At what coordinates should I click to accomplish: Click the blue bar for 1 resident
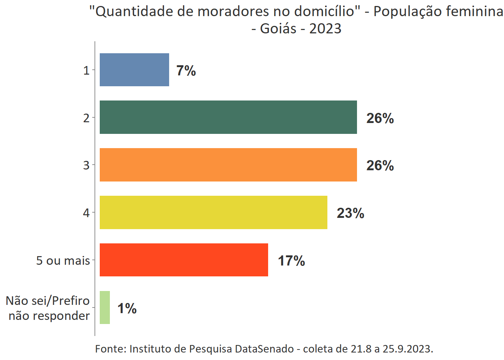point(134,70)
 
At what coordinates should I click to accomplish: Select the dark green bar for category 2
point(228,117)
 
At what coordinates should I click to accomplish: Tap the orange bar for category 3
point(228,165)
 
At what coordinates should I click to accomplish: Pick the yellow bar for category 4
point(213,212)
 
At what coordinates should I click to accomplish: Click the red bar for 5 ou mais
point(184,260)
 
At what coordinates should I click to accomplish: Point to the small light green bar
point(105,307)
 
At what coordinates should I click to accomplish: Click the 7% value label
point(186,70)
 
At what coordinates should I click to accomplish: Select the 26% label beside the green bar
point(380,118)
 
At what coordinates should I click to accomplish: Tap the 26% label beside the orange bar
point(380,165)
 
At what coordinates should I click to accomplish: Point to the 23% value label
point(350,213)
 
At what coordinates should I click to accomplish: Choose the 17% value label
point(291,261)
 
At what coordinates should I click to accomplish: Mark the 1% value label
point(127,308)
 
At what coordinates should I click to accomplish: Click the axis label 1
point(86,70)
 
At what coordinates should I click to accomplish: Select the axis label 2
point(86,118)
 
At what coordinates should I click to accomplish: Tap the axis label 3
point(86,165)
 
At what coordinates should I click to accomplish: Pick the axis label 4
point(86,213)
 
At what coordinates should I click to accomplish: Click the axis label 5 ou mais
point(63,260)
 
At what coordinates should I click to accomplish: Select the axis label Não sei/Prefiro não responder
point(48,308)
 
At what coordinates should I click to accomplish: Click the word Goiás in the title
point(278,28)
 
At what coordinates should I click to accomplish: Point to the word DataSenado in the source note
point(264,349)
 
